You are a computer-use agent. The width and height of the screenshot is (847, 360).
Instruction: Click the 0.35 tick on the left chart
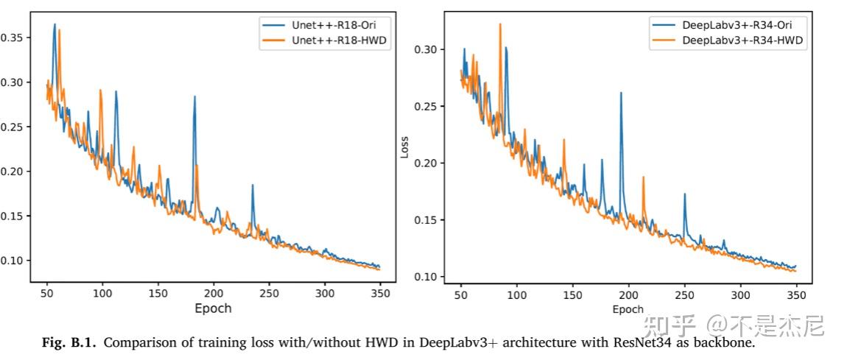point(14,38)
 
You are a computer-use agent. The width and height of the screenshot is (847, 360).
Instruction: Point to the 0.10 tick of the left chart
point(14,261)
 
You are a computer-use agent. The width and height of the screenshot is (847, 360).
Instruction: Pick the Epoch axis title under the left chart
point(213,308)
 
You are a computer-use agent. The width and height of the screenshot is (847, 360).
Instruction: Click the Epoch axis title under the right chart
point(628,309)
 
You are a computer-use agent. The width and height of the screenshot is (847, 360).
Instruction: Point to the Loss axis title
point(404,147)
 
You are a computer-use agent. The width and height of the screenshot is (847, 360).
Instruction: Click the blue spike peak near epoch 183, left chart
point(194,96)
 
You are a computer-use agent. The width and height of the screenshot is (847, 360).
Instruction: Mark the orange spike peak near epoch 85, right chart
point(500,24)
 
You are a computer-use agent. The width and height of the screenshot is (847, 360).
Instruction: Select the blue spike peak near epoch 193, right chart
point(621,93)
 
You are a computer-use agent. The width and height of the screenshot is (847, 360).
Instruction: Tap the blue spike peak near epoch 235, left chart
point(252,185)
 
